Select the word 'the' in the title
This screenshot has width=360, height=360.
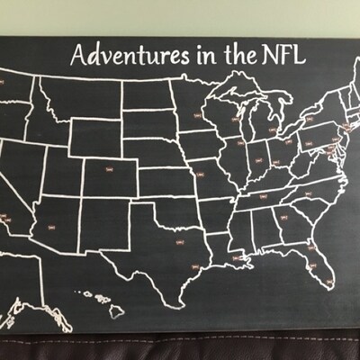click(x=237, y=55)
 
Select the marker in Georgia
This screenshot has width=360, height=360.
click(x=286, y=220)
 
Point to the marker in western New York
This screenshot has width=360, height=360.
click(x=308, y=117)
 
